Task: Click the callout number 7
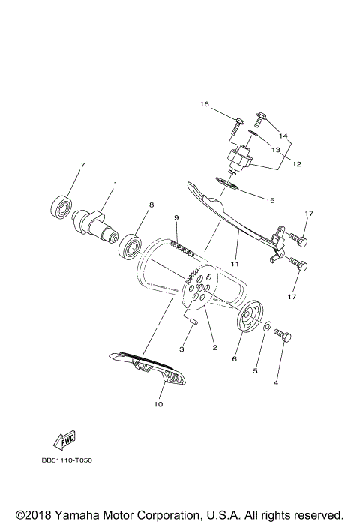(x=82, y=165)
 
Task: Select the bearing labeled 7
(x=61, y=205)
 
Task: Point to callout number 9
(x=176, y=217)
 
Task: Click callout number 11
(x=234, y=264)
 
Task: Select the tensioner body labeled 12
(x=241, y=159)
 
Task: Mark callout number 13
(x=275, y=150)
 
